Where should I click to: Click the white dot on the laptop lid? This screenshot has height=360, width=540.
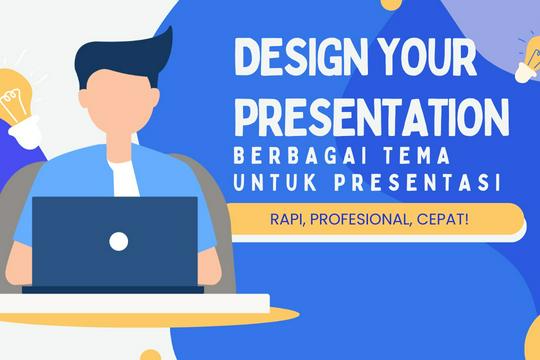click(x=118, y=240)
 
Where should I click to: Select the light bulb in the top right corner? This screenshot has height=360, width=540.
click(x=527, y=60)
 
